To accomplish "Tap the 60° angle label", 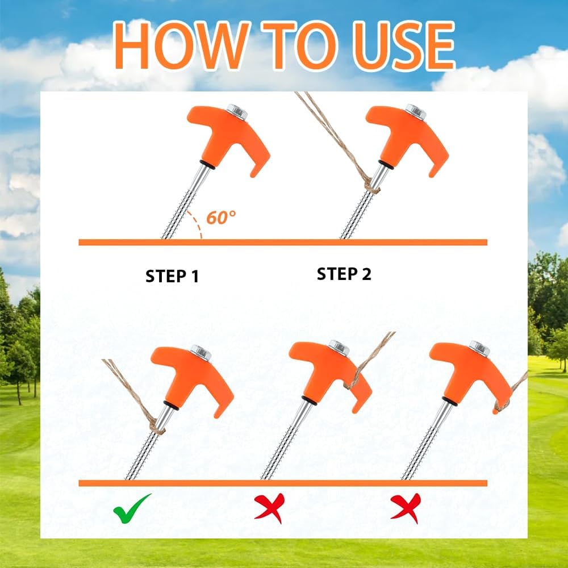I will pos(221,218).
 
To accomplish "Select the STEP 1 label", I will pos(172,277).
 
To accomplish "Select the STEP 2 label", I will pos(344,274).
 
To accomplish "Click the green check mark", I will pos(132,508).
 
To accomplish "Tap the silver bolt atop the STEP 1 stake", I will pos(236,112).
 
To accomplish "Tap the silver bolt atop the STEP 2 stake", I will pos(415,112).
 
